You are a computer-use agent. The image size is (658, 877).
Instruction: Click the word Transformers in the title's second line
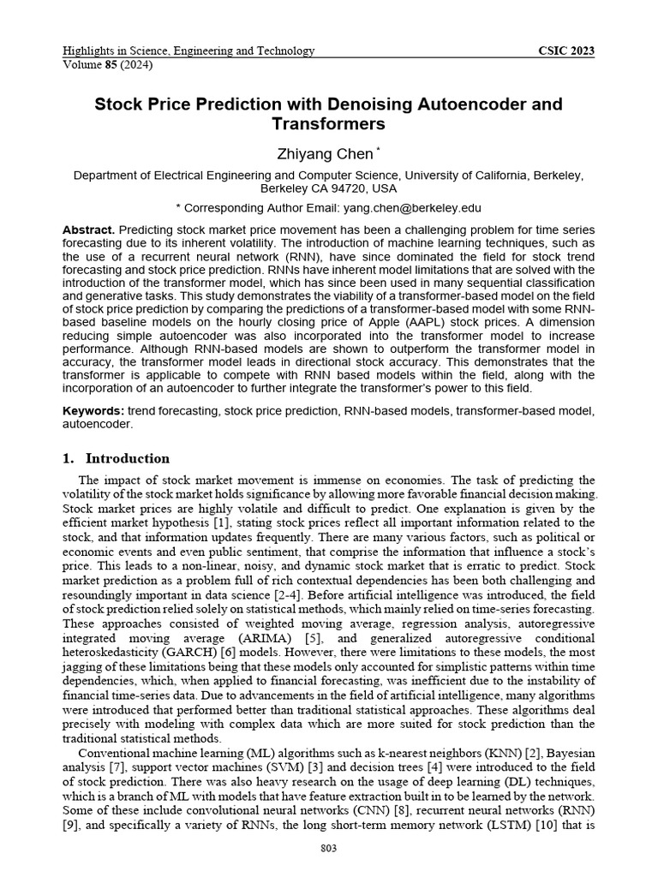click(x=328, y=124)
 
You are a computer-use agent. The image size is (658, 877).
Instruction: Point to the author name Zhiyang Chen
click(x=324, y=154)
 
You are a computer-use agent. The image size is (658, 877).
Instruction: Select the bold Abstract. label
click(x=88, y=231)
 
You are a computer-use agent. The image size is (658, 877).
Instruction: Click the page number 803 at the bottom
click(x=328, y=848)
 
